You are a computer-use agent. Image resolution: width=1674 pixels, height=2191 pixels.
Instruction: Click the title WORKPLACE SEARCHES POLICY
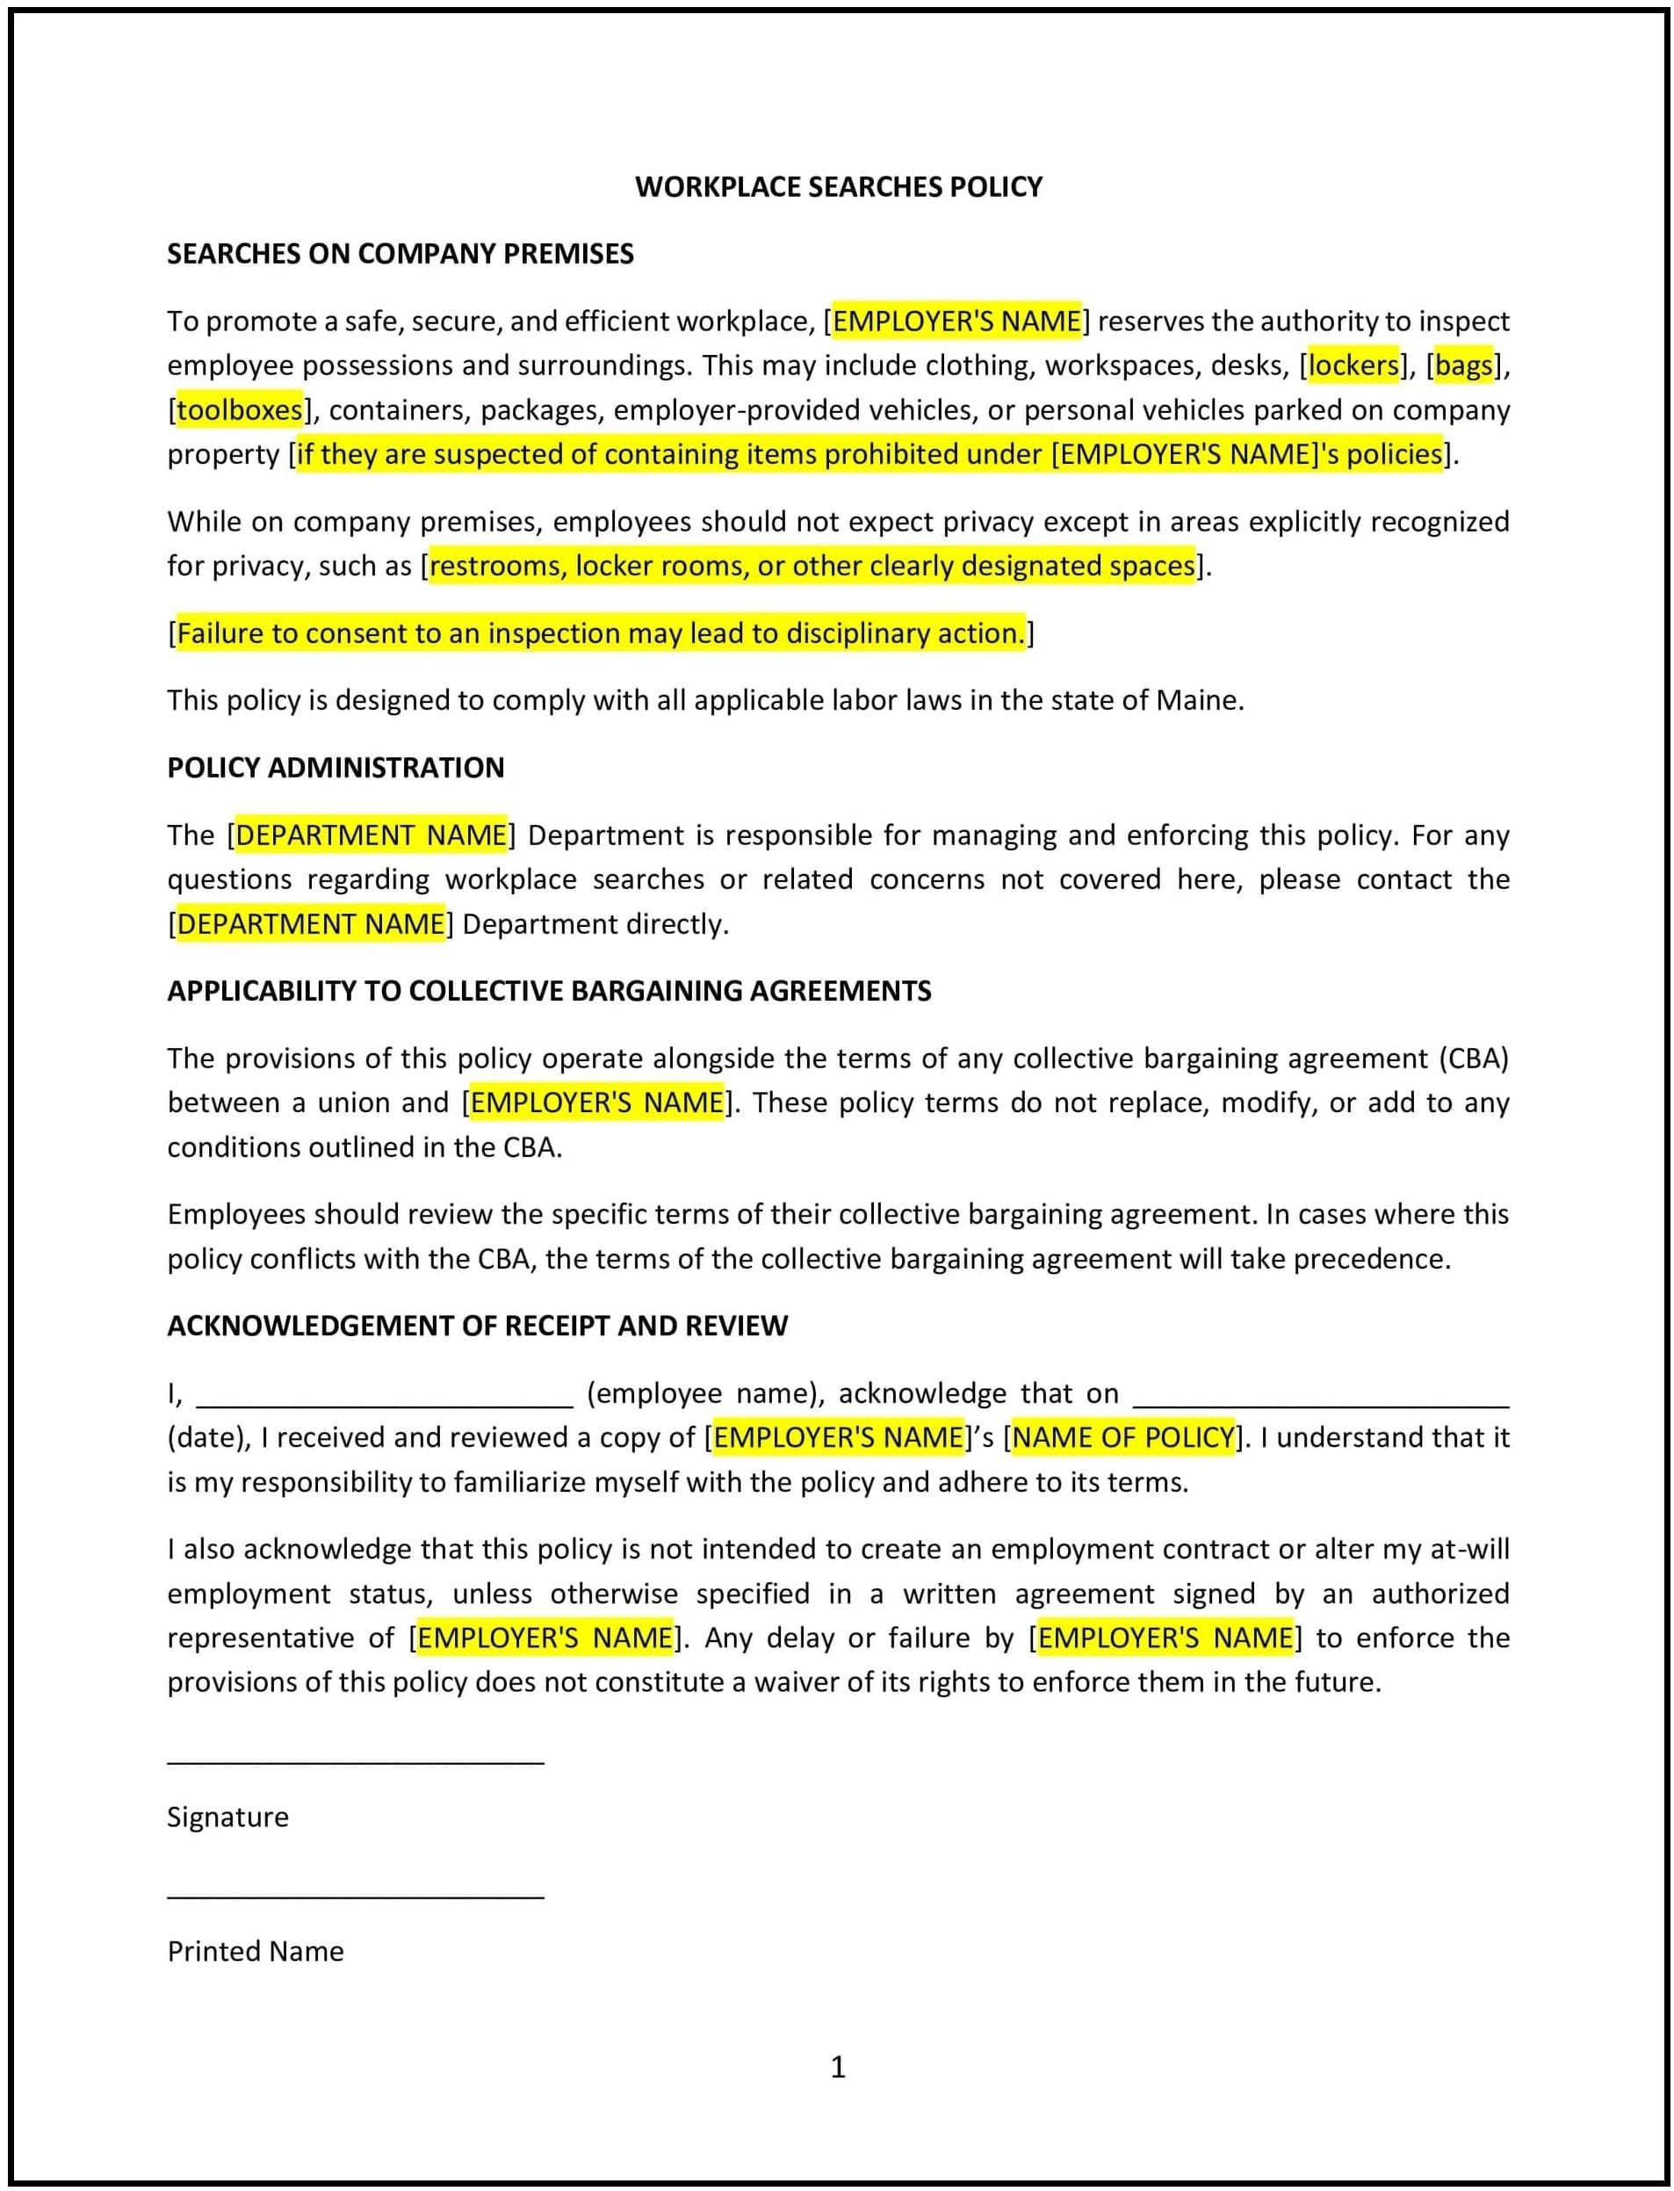[x=838, y=186]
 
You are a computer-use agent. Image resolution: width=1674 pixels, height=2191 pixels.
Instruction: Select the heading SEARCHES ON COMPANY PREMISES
[x=400, y=253]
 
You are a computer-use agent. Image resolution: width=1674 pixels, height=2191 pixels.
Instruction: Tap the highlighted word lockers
[x=1353, y=365]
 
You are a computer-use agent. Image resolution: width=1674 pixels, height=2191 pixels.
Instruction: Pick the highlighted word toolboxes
[x=239, y=409]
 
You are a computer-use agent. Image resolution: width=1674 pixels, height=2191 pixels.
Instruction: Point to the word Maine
[x=1198, y=700]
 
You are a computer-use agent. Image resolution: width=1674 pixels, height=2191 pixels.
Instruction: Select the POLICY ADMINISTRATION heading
[x=335, y=768]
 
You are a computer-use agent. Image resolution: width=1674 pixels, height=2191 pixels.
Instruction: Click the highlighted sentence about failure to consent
[x=601, y=633]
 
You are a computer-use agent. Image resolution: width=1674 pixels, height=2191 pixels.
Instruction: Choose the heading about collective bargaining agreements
[x=549, y=991]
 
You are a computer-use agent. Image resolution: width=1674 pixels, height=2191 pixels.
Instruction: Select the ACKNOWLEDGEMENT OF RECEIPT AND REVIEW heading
[x=477, y=1326]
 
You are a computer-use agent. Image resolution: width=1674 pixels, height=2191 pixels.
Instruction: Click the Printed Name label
[x=255, y=1951]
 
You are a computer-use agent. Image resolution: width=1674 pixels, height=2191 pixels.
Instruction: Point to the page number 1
[x=838, y=2067]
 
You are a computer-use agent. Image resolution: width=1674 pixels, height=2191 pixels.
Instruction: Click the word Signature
[x=227, y=1816]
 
